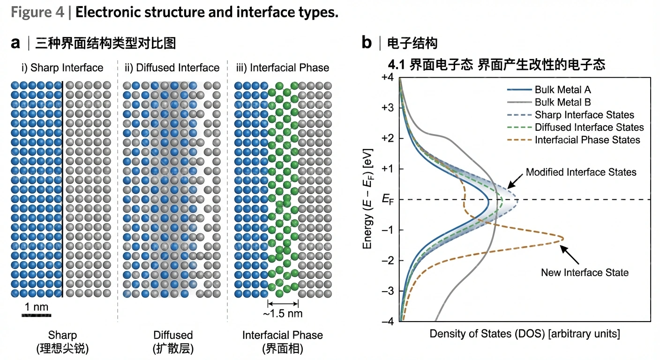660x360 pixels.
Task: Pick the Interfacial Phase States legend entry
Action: click(587, 140)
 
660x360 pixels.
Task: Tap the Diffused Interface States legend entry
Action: click(589, 127)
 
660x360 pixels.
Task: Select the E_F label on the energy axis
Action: click(388, 200)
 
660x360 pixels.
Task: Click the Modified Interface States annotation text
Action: click(581, 172)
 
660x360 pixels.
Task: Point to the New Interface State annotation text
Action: click(585, 272)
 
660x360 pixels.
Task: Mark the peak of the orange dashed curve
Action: click(562, 240)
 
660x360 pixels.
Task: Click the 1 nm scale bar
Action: click(36, 315)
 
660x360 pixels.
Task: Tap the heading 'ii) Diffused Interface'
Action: click(172, 68)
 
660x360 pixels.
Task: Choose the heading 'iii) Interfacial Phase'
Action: click(283, 68)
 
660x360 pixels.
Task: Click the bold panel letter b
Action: click(367, 43)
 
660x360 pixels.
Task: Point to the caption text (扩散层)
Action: click(172, 349)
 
